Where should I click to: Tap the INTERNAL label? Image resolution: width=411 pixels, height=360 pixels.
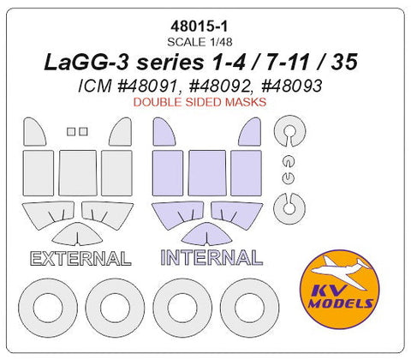[x=211, y=258]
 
